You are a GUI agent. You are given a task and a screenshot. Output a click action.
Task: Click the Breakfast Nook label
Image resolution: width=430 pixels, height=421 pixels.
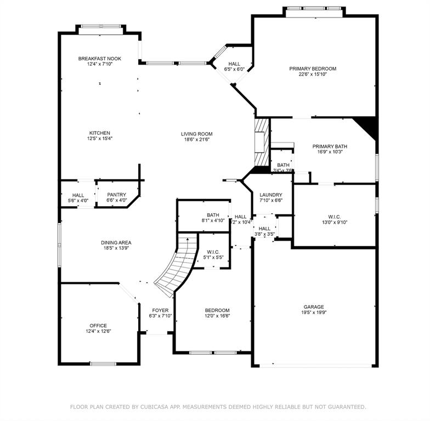[x=99, y=59]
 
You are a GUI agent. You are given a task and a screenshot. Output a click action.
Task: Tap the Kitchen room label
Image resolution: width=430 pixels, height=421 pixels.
[x=100, y=133]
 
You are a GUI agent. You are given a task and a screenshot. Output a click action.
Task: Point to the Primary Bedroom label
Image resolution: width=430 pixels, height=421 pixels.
[x=313, y=69]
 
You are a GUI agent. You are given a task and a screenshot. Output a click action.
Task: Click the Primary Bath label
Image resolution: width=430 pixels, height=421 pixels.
[x=330, y=146]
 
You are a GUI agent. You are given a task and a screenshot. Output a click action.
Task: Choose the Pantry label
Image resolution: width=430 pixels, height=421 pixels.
[x=116, y=194]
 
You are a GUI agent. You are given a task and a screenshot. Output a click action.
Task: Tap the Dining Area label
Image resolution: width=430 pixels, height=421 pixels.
[x=116, y=242]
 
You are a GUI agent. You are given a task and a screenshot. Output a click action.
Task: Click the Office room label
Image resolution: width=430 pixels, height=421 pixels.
[x=99, y=326]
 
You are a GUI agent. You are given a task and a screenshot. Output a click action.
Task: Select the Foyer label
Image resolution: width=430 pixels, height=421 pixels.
[x=160, y=310]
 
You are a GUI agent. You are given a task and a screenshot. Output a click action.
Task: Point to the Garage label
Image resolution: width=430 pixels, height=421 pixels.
[x=314, y=307]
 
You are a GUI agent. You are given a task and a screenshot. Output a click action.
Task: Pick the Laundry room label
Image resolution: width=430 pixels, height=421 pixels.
[x=271, y=195]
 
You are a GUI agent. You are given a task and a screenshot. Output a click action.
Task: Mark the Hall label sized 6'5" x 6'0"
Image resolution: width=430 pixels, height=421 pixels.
[x=234, y=64]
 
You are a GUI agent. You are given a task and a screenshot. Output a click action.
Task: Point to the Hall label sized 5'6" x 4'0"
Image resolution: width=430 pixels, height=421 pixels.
[x=78, y=195]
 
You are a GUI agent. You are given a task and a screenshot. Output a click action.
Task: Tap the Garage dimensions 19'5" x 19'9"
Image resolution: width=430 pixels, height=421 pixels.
[x=314, y=314]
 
